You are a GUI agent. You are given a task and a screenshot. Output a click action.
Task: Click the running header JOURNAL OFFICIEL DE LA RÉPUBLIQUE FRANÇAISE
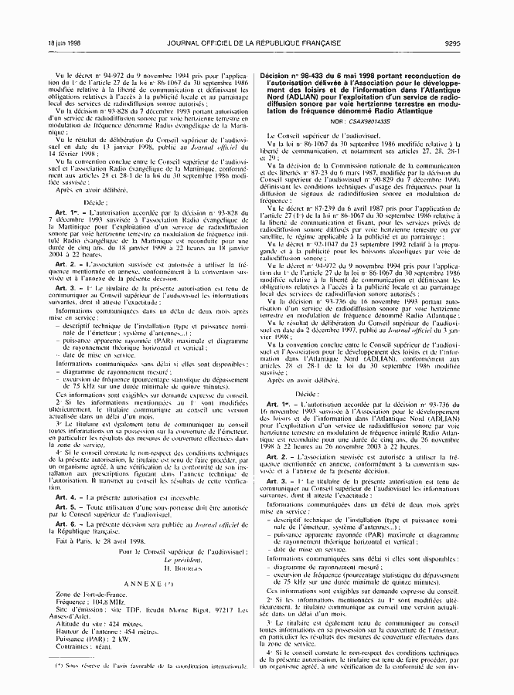(x=256, y=42)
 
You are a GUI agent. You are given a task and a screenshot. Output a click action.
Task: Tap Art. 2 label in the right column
(x=277, y=456)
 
